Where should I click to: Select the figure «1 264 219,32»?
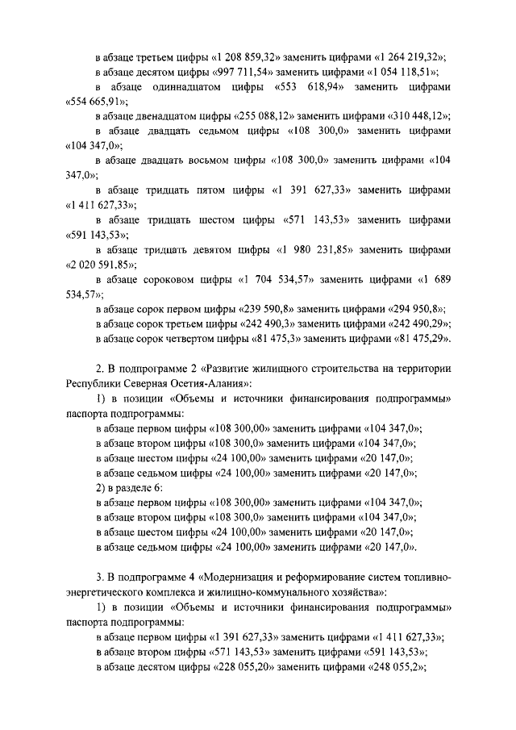[x=410, y=57]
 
